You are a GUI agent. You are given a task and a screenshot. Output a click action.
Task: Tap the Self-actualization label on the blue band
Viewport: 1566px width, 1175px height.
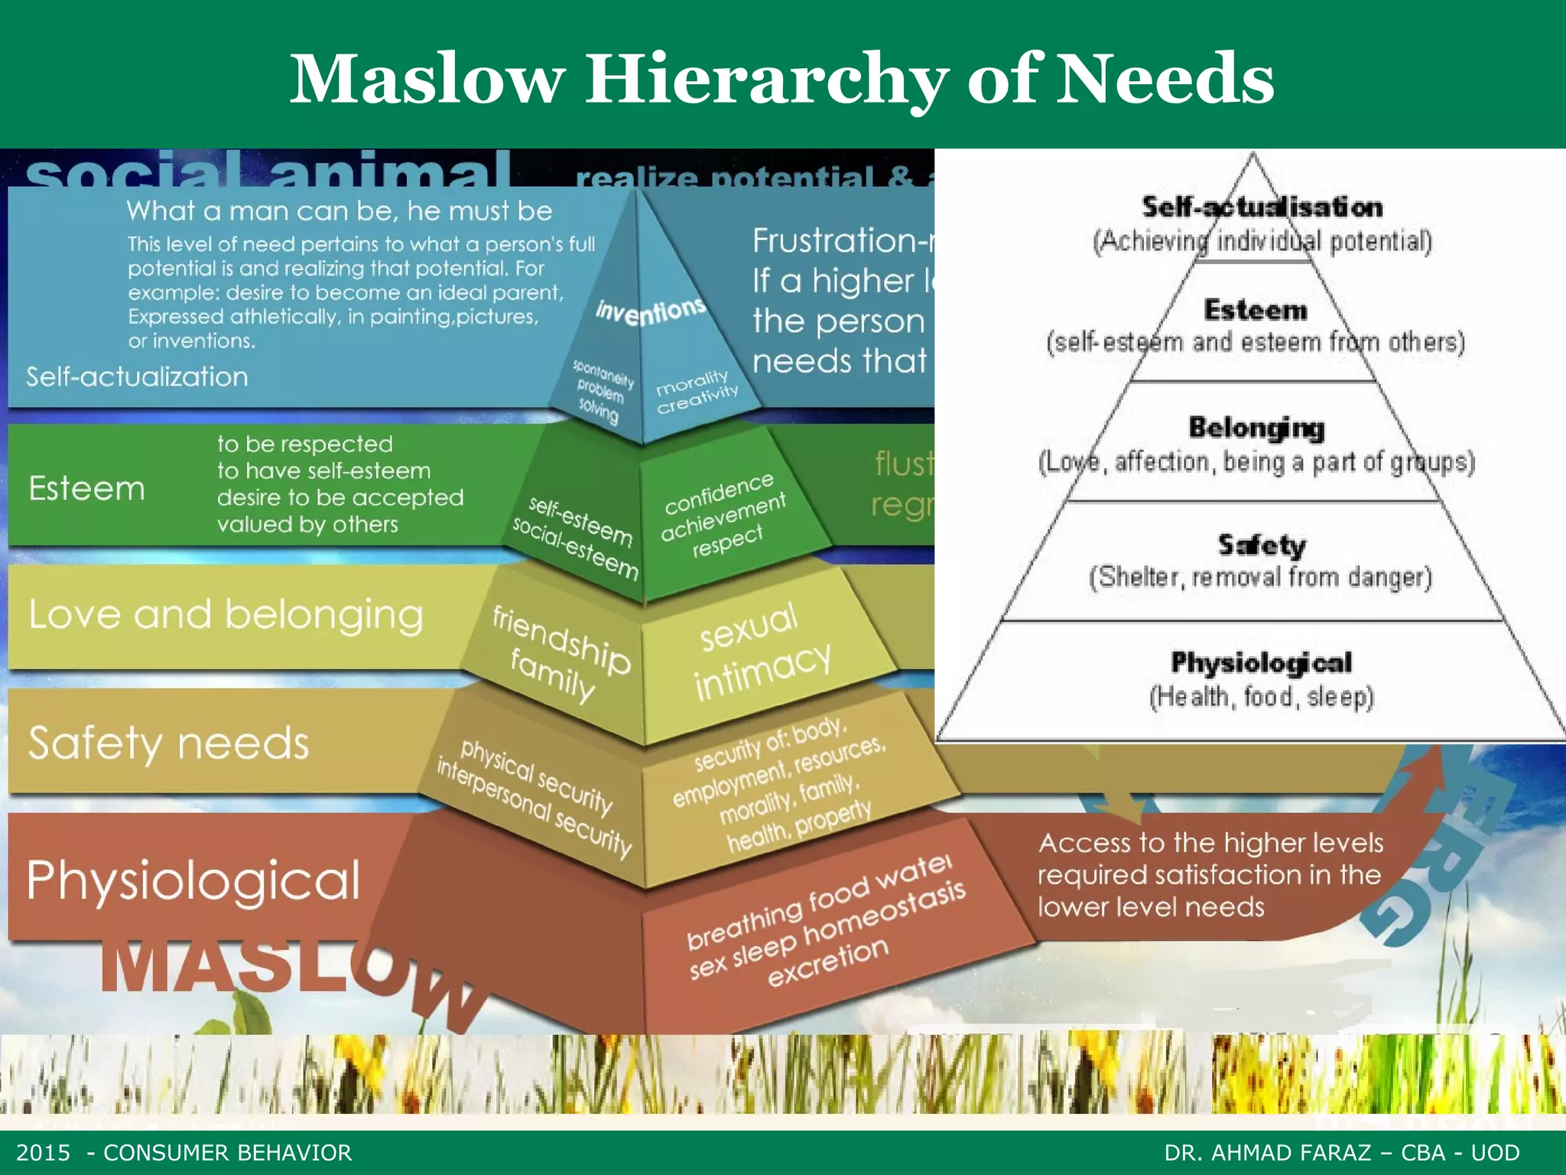tap(137, 377)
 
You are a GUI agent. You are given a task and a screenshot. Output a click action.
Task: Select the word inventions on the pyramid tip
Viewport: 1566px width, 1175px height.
tap(651, 311)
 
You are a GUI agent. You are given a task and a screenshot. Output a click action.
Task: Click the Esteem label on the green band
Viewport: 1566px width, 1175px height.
tap(86, 489)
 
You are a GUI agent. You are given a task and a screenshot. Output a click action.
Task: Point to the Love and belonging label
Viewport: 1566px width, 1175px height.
tap(226, 615)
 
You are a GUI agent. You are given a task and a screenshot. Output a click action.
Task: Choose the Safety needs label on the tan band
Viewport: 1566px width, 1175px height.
tap(168, 743)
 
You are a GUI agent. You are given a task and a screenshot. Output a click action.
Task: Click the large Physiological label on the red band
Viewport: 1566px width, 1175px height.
tap(193, 880)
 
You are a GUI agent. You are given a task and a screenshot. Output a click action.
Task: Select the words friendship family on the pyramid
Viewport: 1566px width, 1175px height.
tap(558, 650)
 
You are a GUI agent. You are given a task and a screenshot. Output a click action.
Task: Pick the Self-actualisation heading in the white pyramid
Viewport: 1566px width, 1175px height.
tap(1262, 207)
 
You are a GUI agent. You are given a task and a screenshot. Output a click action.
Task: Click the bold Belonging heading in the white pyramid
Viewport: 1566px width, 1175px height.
tap(1256, 428)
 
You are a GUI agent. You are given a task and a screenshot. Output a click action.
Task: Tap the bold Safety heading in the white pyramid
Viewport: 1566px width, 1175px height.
tap(1262, 545)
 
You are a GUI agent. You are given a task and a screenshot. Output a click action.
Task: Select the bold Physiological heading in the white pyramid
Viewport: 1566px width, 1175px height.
tap(1262, 662)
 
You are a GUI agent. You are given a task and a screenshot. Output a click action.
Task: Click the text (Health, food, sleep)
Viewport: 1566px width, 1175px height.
tap(1262, 697)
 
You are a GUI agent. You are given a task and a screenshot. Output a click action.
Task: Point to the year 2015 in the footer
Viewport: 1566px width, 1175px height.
tap(44, 1153)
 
